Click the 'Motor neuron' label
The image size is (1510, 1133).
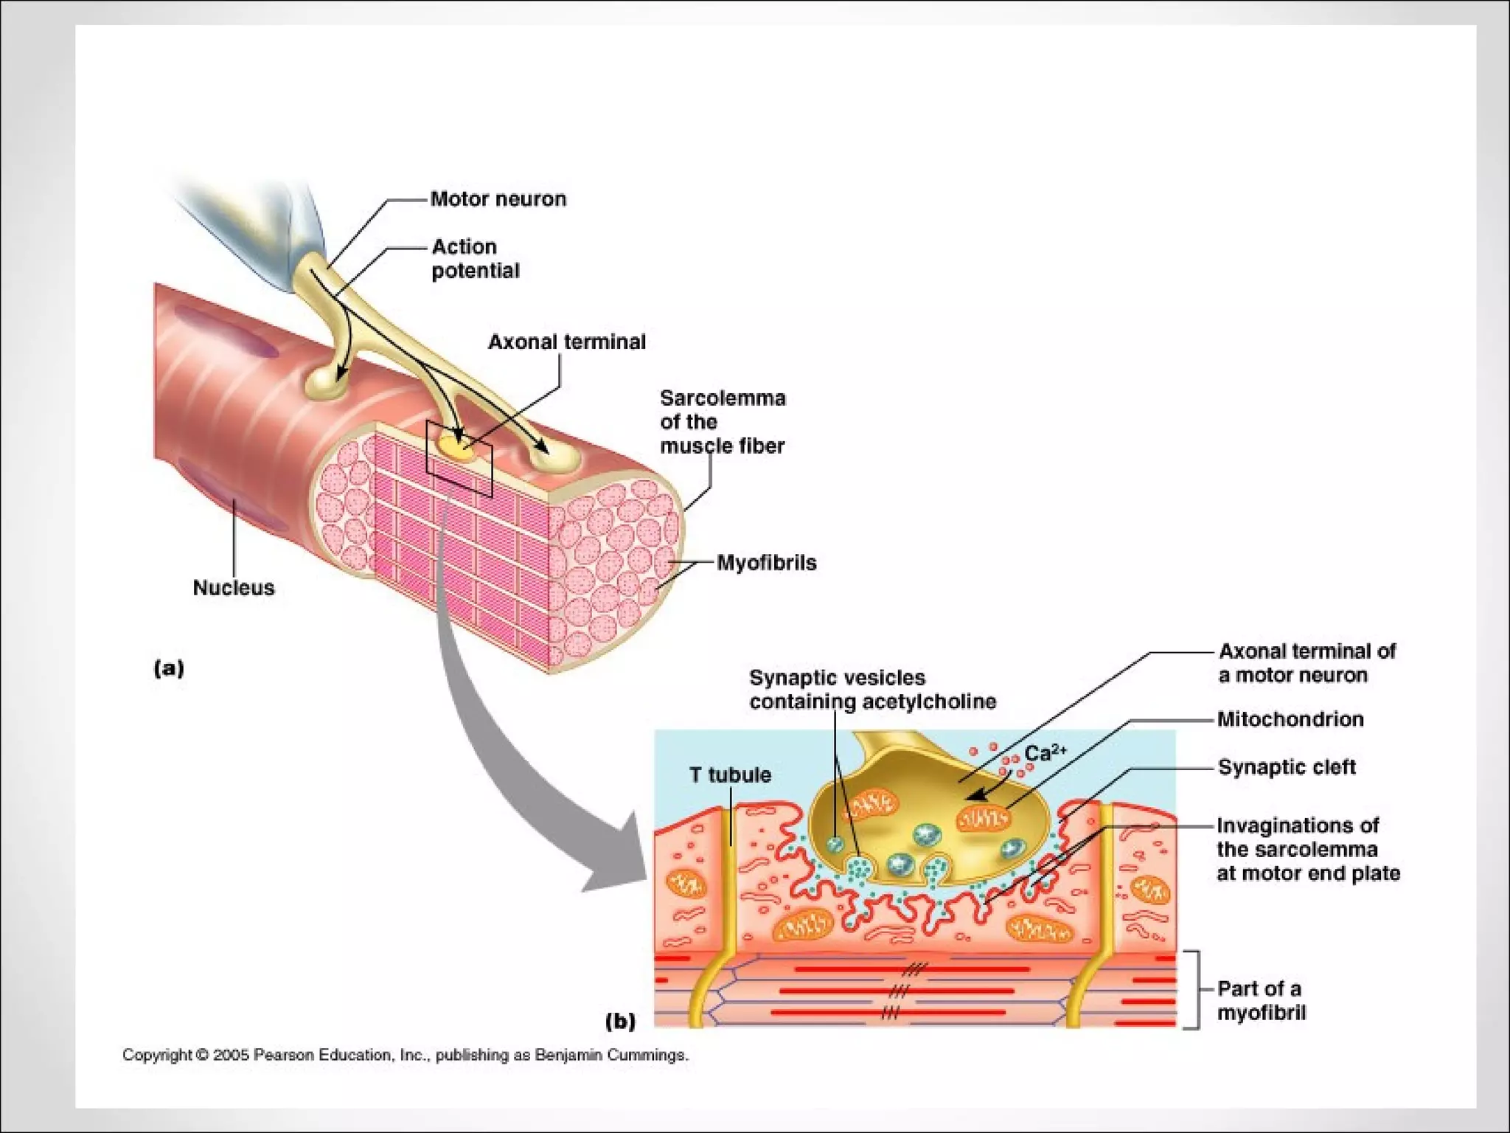tap(498, 199)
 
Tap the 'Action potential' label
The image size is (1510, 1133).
tap(475, 258)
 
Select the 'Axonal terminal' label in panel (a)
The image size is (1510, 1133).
tap(566, 342)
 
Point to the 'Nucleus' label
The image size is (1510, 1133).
tap(233, 587)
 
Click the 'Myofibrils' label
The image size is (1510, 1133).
tap(766, 563)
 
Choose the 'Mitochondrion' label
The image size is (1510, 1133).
tap(1290, 719)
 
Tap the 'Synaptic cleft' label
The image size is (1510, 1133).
tap(1287, 767)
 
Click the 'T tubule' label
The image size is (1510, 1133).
tap(730, 775)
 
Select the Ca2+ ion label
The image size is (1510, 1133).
tap(1045, 752)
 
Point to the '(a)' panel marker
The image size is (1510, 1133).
tap(169, 668)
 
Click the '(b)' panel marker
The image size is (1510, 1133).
tap(620, 1021)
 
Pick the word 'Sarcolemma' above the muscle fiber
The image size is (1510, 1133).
tap(723, 398)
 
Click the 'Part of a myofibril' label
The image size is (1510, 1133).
tap(1260, 1000)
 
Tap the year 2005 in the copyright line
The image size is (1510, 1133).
tap(231, 1056)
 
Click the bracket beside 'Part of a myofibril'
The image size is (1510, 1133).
tap(1195, 989)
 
